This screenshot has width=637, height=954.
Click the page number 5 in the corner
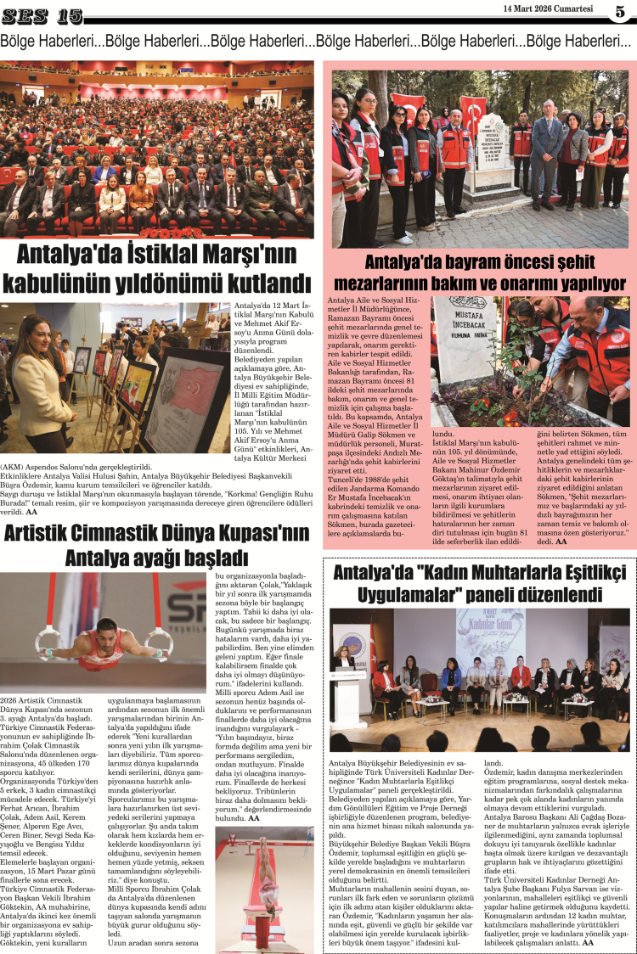(x=621, y=12)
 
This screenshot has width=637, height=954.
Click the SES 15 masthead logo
(x=42, y=15)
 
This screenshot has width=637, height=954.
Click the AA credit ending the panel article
(x=588, y=942)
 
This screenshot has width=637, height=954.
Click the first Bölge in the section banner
(x=23, y=41)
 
